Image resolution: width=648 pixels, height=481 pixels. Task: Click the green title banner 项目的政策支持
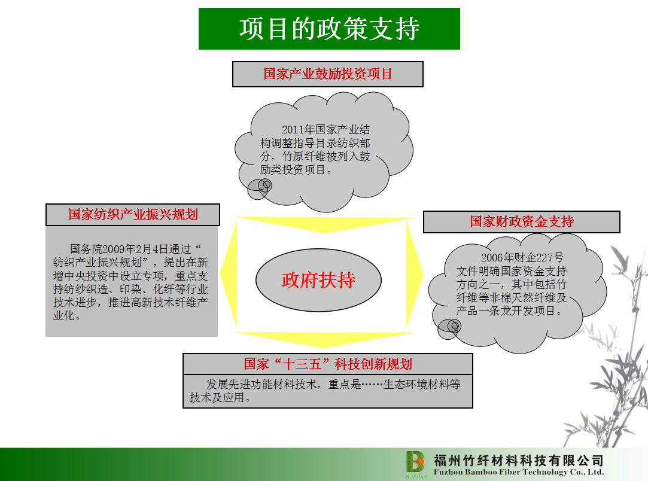coord(329,29)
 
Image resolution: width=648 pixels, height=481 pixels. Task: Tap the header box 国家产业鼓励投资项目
coord(328,74)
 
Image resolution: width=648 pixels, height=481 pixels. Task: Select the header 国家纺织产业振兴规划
coord(133,214)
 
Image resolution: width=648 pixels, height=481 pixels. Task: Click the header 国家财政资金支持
coord(522,222)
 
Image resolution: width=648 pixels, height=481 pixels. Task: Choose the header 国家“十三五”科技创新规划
coord(328,364)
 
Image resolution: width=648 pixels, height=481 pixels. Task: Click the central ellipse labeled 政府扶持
coord(318,280)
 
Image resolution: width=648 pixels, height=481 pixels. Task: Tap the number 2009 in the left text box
coord(113,249)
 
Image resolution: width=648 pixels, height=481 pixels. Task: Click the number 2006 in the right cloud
coord(492,258)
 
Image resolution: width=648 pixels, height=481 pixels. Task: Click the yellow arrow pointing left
coord(229,273)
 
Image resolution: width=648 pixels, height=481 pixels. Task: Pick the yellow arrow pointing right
coord(415,274)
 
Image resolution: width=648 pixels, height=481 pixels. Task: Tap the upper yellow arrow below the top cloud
coord(325,224)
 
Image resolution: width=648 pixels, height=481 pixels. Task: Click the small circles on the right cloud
coord(449,329)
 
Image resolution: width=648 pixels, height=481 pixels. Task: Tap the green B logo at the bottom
coord(415,462)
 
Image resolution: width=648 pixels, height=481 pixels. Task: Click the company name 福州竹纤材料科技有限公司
coord(519,460)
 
